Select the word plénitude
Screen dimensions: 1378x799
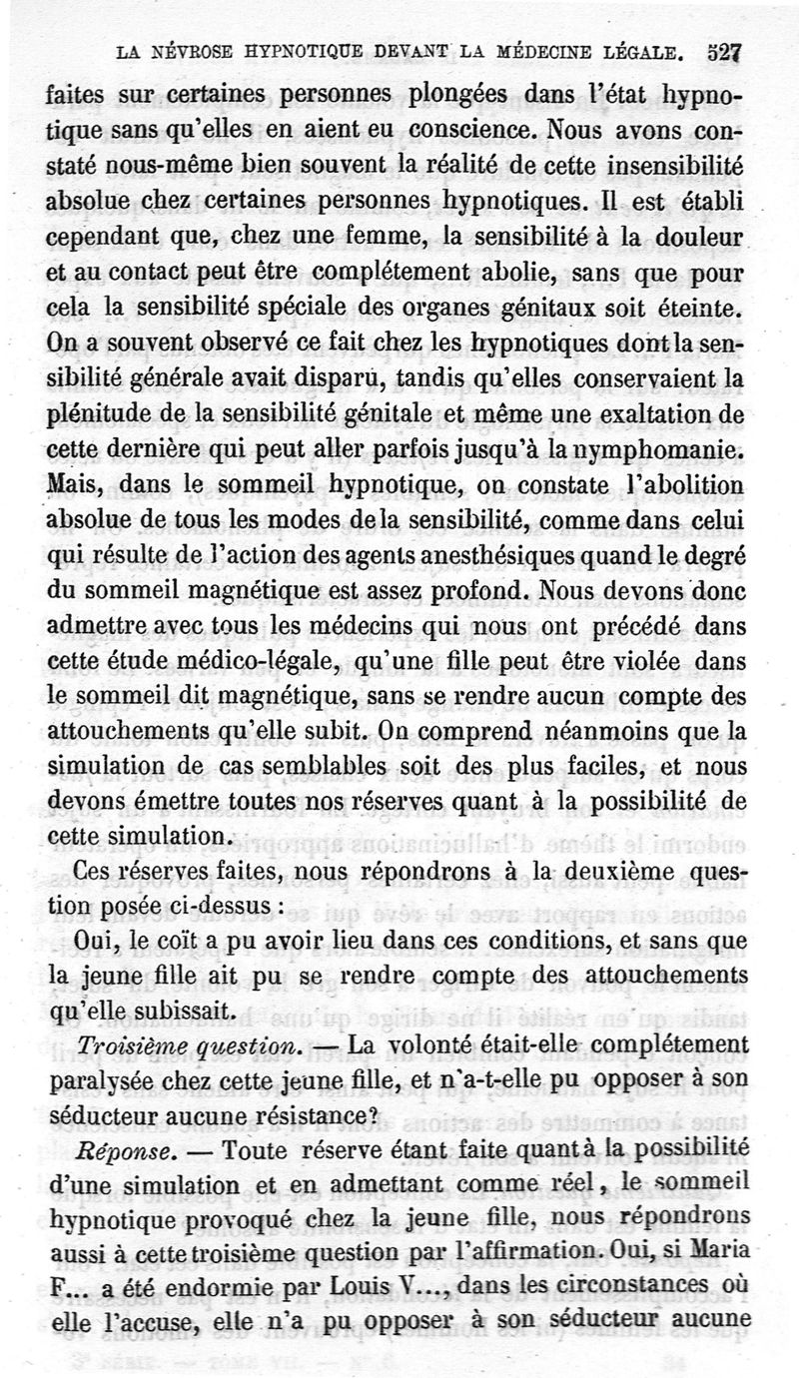102,413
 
